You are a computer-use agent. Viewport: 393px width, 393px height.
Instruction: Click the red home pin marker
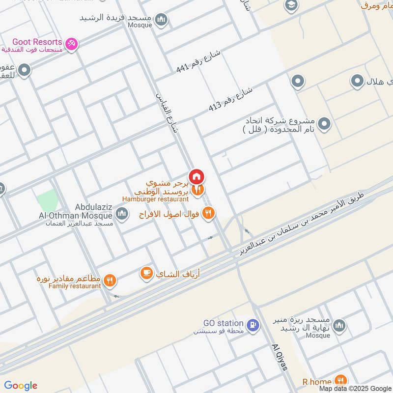pos(196,176)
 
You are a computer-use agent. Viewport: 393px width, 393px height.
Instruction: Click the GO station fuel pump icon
pos(253,325)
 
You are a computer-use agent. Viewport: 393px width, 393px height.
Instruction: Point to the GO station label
pos(224,323)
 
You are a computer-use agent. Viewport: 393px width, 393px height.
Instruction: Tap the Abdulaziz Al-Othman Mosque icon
pos(122,213)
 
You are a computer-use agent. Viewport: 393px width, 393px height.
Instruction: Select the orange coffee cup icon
pos(146,273)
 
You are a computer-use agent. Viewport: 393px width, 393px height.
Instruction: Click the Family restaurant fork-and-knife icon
pos(110,281)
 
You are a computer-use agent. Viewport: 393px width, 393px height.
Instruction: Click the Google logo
pos(21,386)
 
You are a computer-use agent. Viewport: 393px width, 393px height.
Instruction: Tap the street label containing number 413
pos(230,99)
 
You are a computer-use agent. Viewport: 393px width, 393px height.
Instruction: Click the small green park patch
pos(47,200)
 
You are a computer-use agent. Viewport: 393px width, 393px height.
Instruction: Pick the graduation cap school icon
pos(291,6)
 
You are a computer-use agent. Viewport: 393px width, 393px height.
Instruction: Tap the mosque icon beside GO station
pos(339,325)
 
